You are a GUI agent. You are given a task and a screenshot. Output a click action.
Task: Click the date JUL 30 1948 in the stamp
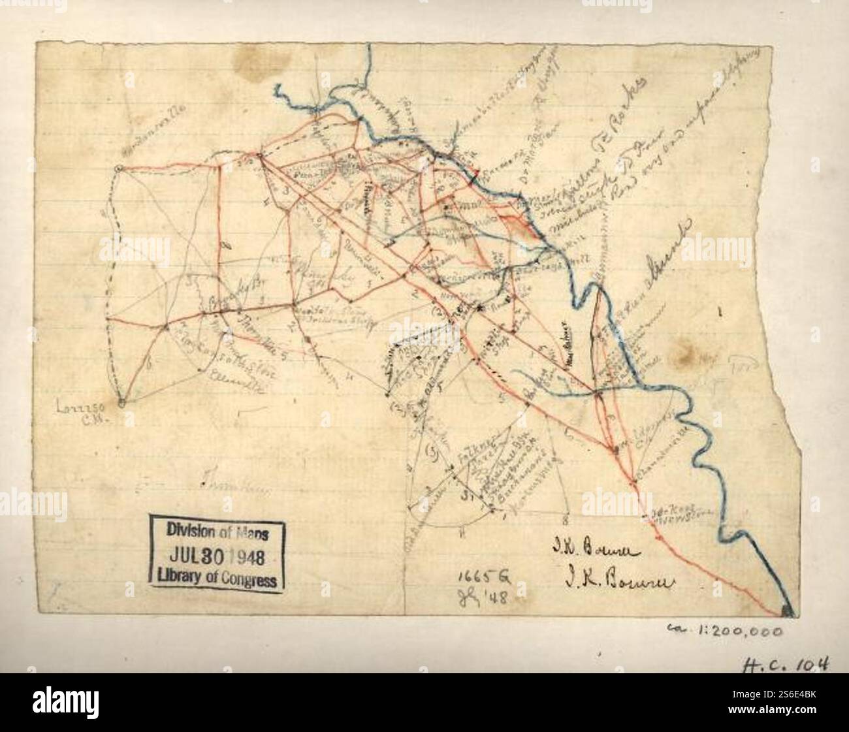point(216,557)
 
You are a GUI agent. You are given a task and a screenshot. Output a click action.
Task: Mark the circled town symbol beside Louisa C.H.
point(121,402)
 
